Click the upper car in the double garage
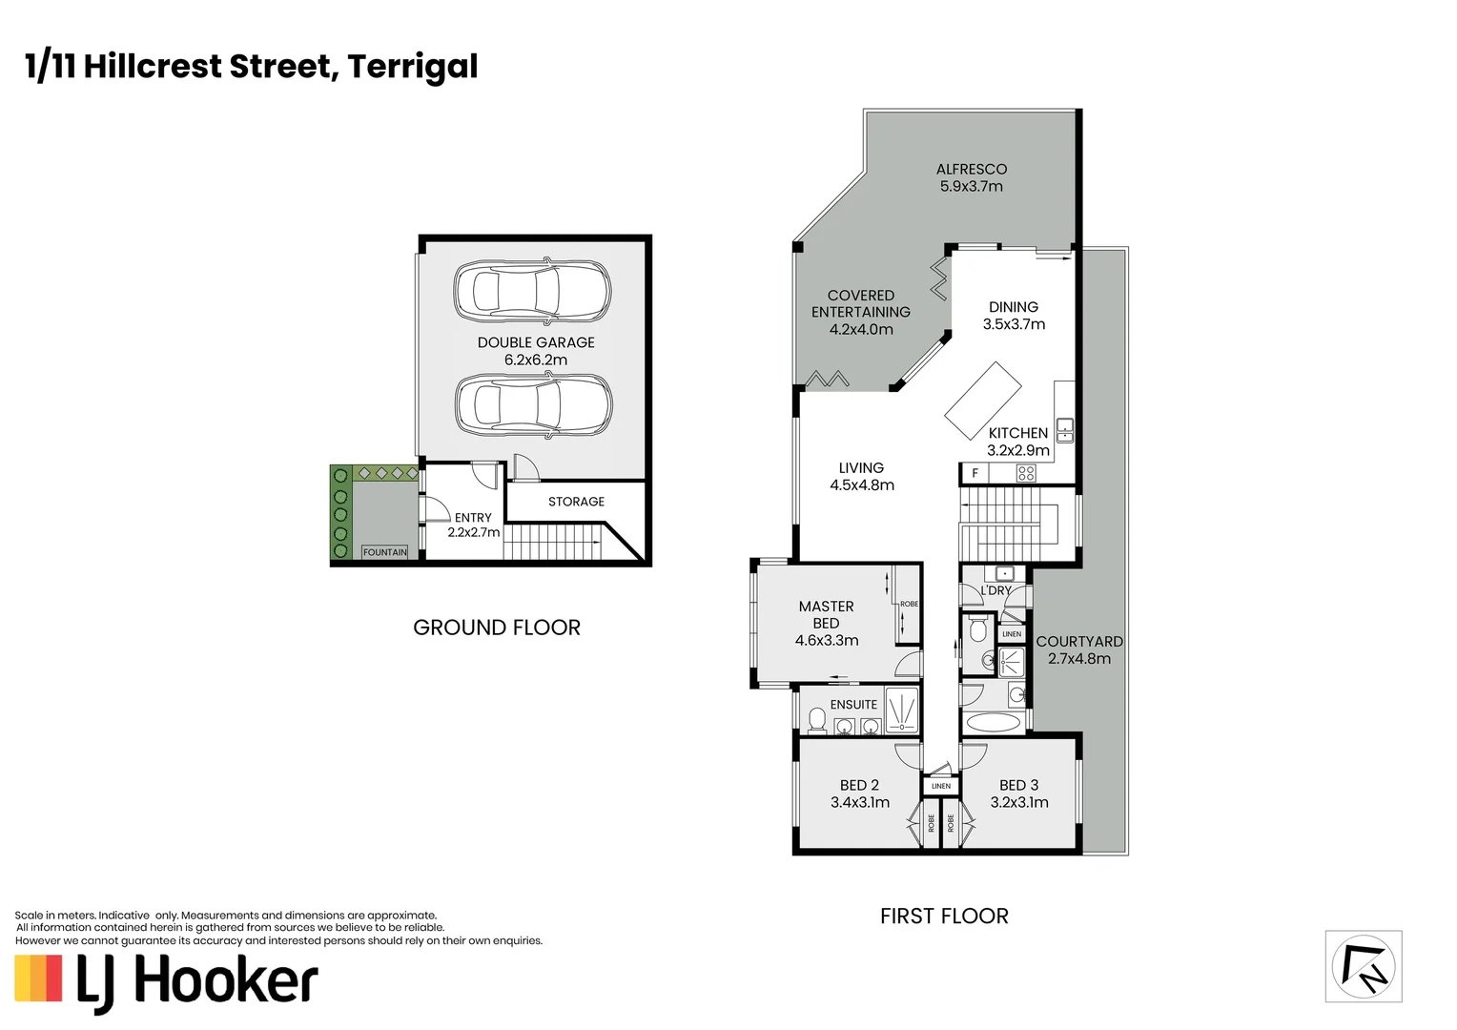coord(532,291)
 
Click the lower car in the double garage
coord(533,405)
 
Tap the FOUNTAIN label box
coord(384,552)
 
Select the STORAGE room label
coord(576,502)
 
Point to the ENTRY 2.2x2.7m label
coord(473,525)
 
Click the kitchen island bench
coord(982,400)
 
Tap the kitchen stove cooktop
coord(1026,473)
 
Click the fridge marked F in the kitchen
coord(975,473)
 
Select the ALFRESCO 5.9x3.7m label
coord(971,177)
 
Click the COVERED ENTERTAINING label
coord(860,312)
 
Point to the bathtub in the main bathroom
coord(992,723)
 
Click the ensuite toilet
coord(816,719)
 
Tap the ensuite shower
coord(901,711)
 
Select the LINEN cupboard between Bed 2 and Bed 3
coord(941,786)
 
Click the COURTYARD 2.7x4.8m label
coord(1078,649)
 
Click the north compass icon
coord(1364,967)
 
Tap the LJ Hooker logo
coord(167,981)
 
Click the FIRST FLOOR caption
coord(943,917)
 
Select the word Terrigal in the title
coord(412,67)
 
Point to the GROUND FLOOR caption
coord(496,628)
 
